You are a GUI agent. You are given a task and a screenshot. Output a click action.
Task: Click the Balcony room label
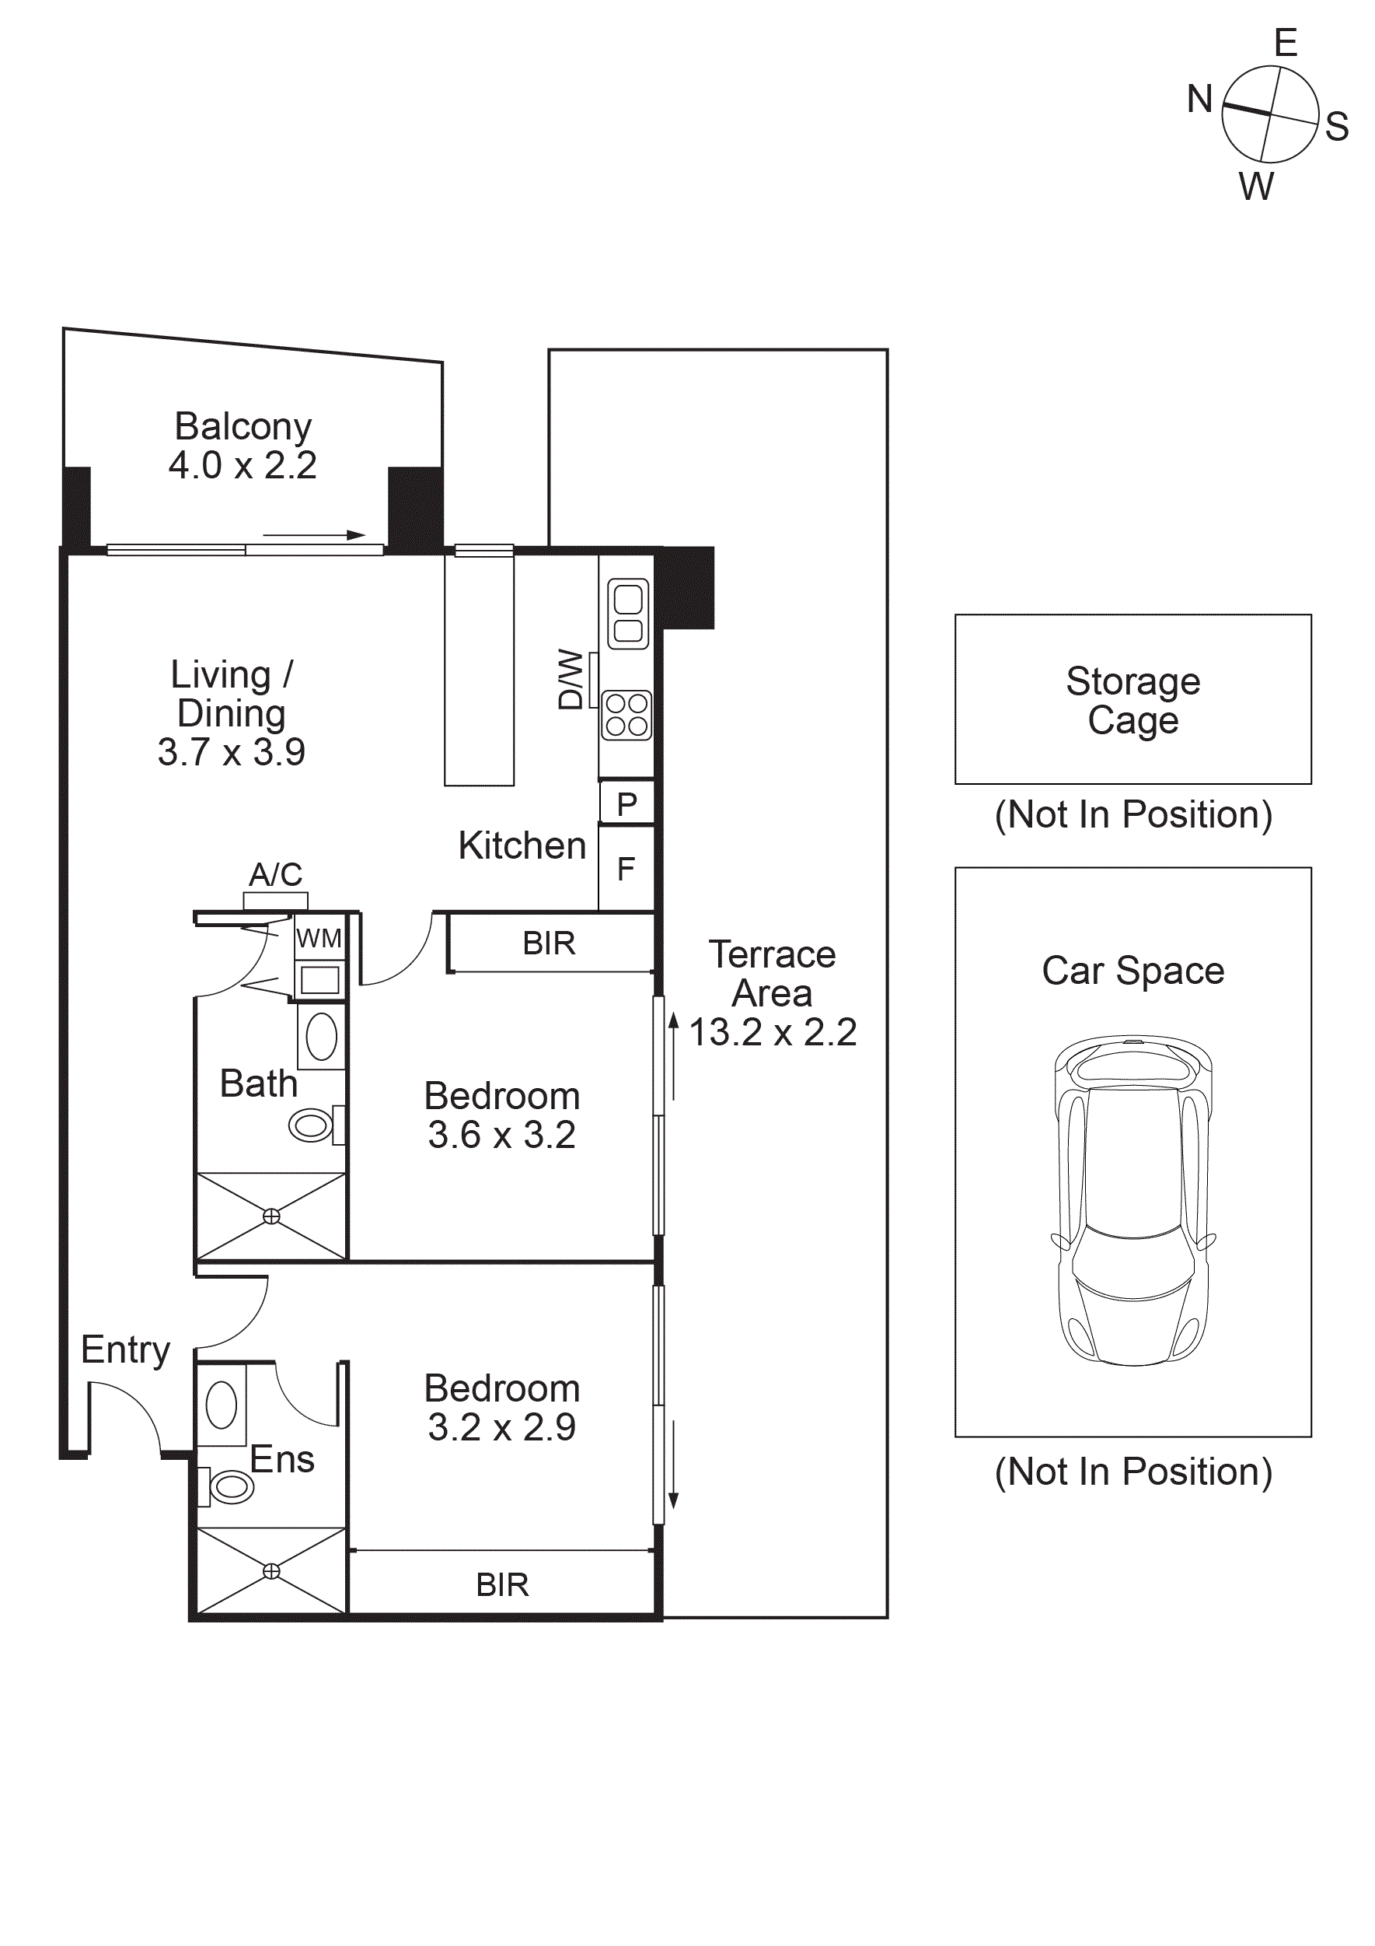[x=243, y=426]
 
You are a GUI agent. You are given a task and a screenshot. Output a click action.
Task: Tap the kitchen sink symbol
[x=628, y=614]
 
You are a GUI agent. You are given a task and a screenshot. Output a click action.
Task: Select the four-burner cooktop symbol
[x=627, y=715]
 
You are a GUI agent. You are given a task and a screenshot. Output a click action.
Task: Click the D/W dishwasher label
[x=571, y=679]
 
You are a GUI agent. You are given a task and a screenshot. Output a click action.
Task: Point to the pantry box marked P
[x=627, y=803]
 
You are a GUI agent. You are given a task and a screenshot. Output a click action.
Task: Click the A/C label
[x=275, y=874]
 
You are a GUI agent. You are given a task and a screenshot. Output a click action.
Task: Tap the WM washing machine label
[x=319, y=938]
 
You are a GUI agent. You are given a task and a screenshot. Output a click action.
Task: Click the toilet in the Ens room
[x=229, y=1486]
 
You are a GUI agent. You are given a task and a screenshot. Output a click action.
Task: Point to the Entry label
[x=125, y=1349]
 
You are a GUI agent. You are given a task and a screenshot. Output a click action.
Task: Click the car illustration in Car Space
[x=1132, y=1199]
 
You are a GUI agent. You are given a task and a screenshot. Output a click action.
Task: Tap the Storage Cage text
[x=1132, y=700]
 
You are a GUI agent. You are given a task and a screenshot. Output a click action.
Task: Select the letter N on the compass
[x=1199, y=99]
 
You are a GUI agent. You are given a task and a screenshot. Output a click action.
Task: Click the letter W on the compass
[x=1255, y=187]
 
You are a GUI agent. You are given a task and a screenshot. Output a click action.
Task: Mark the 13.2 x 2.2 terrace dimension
[x=773, y=1032]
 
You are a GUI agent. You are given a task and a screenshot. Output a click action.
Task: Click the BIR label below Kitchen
[x=549, y=943]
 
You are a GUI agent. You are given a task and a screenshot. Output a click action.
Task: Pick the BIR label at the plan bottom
[x=502, y=1585]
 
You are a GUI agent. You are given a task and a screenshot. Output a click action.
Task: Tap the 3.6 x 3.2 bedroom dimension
[x=501, y=1135]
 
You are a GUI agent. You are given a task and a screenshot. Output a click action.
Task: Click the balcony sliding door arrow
[x=313, y=535]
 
